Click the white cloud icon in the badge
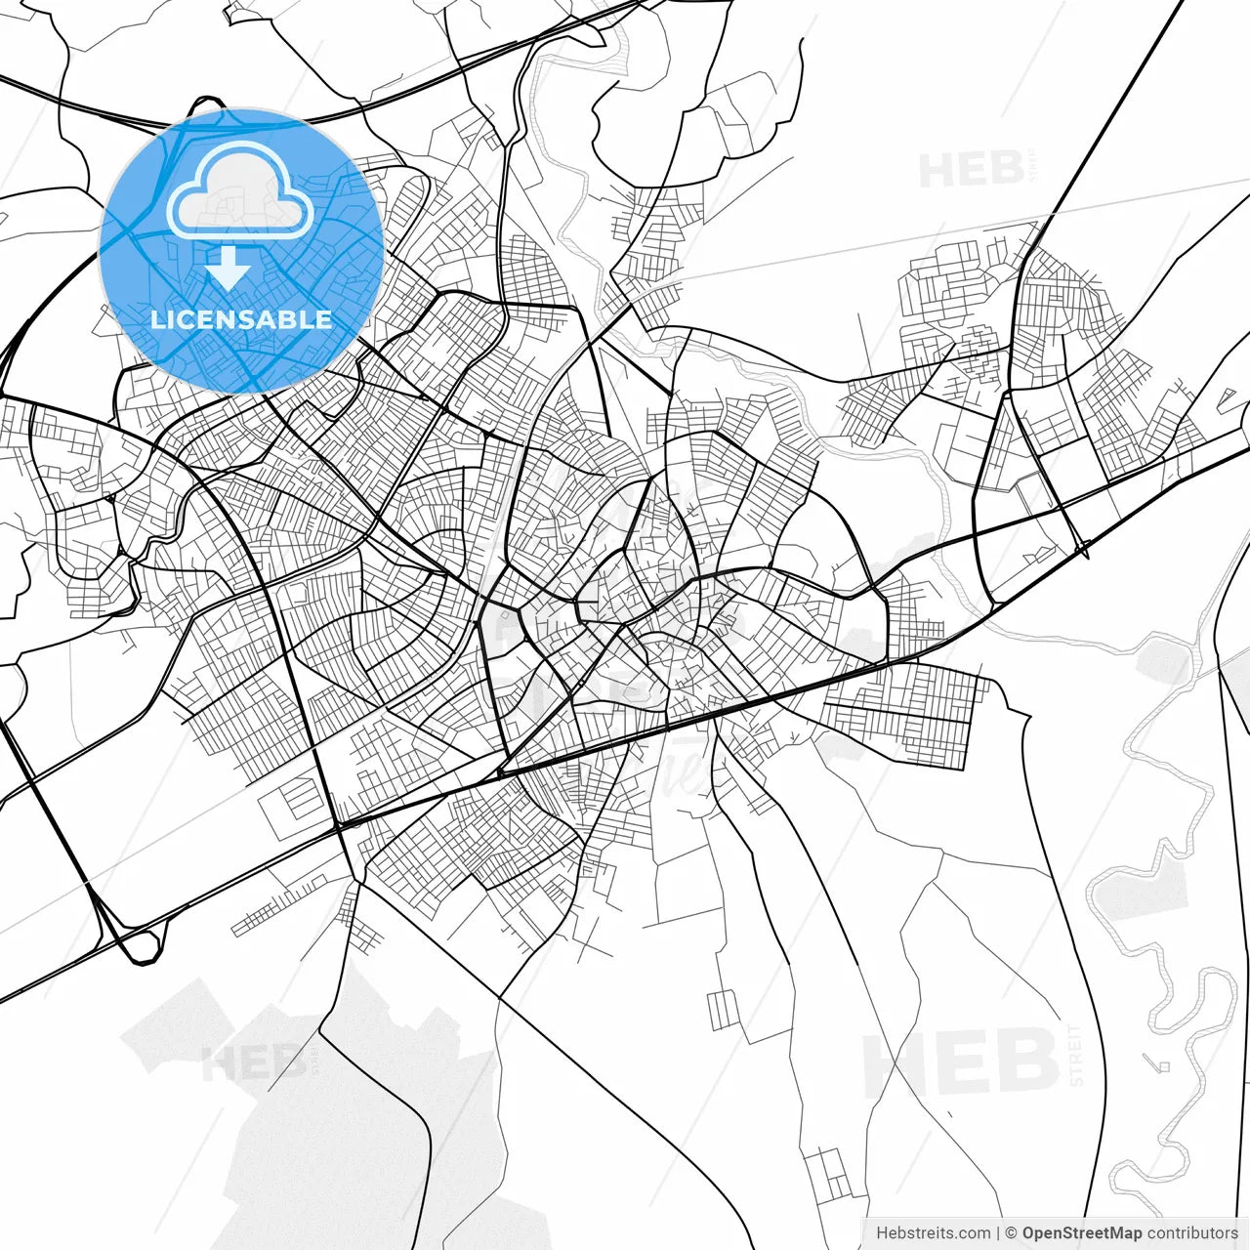240,191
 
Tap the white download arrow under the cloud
228,269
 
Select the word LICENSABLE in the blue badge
241,319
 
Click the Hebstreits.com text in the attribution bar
933,1233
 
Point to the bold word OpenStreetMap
1081,1233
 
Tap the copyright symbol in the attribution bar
1011,1233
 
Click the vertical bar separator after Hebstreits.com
998,1233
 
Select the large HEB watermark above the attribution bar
962,1062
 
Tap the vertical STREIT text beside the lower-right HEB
1077,1055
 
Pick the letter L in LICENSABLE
157,319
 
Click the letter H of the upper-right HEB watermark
937,171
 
